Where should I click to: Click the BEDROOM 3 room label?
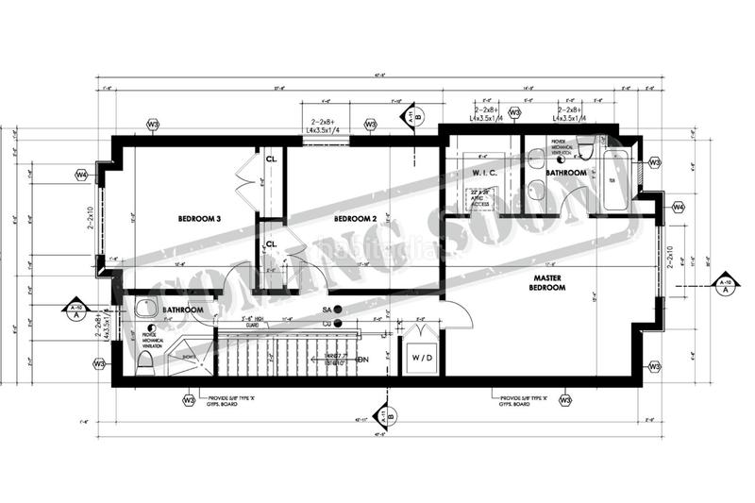[x=199, y=219]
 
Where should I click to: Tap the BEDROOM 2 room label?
[x=355, y=219]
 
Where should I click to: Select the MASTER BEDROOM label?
[x=548, y=281]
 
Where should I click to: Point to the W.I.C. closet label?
[x=485, y=174]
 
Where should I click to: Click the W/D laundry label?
[x=419, y=358]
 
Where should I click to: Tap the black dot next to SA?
[x=337, y=310]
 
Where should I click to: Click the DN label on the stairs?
[x=362, y=360]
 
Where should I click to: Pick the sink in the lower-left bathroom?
[x=144, y=309]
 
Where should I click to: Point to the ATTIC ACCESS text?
[x=484, y=197]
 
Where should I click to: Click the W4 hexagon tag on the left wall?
[x=81, y=175]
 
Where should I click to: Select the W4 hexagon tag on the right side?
[x=677, y=207]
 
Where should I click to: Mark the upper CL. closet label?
[x=270, y=158]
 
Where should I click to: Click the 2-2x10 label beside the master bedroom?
[x=670, y=258]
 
